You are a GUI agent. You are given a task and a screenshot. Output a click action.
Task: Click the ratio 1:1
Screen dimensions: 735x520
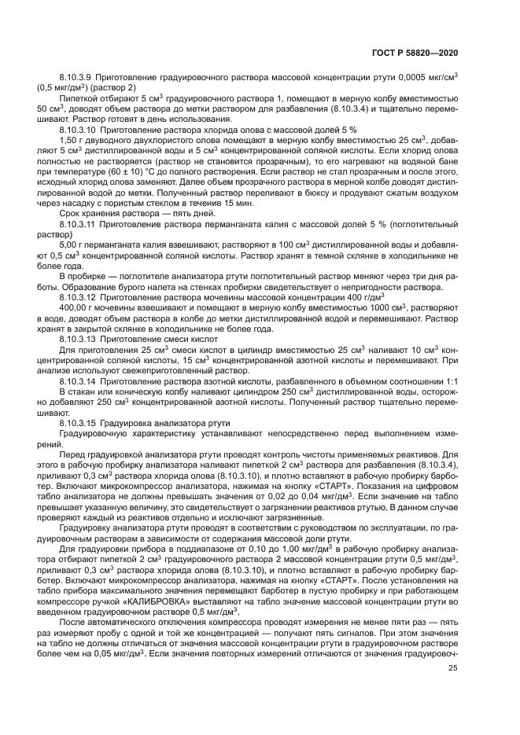452,380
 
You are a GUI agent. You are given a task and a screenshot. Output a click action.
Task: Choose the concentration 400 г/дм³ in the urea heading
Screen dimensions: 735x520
365,298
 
